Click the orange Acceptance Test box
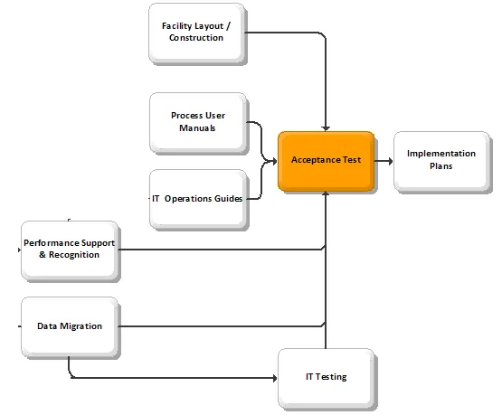pyautogui.click(x=326, y=161)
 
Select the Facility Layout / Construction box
pyautogui.click(x=196, y=33)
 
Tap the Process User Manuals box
pyautogui.click(x=198, y=122)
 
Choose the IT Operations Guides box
pyautogui.click(x=198, y=199)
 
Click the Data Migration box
pyautogui.click(x=70, y=326)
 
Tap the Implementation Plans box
pyautogui.click(x=441, y=161)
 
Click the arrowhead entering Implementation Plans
pyautogui.click(x=391, y=161)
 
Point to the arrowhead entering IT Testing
pyautogui.click(x=275, y=378)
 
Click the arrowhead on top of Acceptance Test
pyautogui.click(x=326, y=128)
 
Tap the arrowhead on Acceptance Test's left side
pyautogui.click(x=275, y=161)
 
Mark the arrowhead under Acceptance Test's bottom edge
pyautogui.click(x=326, y=193)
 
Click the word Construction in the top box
pyautogui.click(x=196, y=38)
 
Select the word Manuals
pyautogui.click(x=197, y=128)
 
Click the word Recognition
pyautogui.click(x=74, y=255)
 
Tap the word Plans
pyautogui.click(x=441, y=165)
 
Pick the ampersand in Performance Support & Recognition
pyautogui.click(x=43, y=255)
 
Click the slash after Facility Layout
pyautogui.click(x=228, y=26)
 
